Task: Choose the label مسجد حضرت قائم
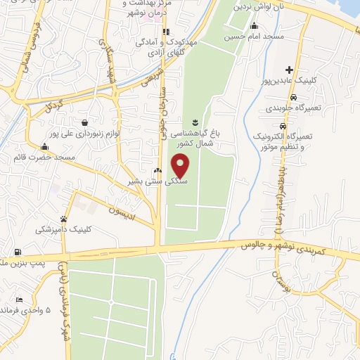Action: (44, 157)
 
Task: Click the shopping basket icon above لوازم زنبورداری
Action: (84, 122)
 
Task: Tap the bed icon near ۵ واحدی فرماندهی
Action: (18, 300)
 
